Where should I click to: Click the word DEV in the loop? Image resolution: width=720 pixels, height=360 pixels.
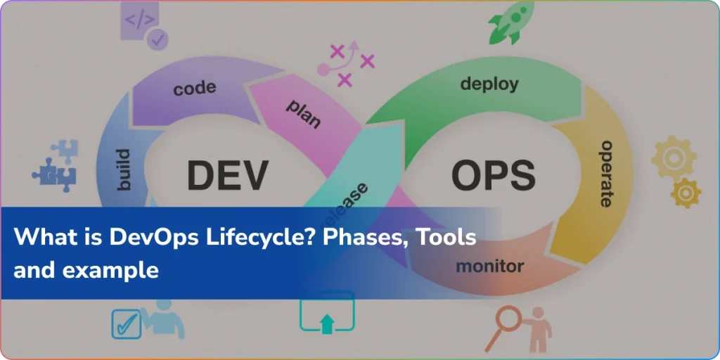[x=227, y=174]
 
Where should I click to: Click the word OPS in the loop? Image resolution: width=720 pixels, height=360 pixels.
[x=492, y=174]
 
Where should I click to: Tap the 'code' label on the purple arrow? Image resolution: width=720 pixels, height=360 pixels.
[x=194, y=89]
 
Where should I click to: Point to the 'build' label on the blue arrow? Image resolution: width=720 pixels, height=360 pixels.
[x=121, y=169]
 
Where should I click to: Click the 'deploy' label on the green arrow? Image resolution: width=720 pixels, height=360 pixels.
[x=489, y=84]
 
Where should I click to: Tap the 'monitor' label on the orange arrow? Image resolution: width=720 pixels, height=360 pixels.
[x=489, y=266]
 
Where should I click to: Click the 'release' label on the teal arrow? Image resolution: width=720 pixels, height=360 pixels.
[x=349, y=200]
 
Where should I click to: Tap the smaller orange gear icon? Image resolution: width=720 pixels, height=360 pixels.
[x=686, y=192]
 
